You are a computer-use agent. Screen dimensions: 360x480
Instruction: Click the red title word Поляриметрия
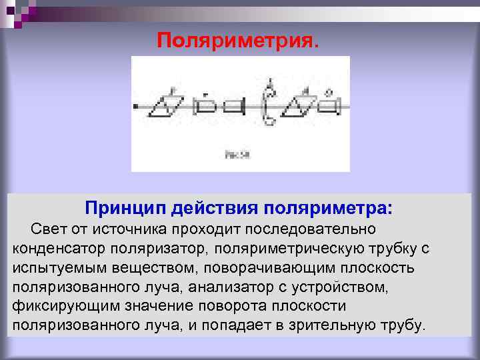(238, 41)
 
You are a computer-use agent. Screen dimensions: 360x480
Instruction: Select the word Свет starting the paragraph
(46, 229)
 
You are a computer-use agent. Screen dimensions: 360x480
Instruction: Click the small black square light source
(136, 106)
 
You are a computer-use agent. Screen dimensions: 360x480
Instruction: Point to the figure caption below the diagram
(237, 155)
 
